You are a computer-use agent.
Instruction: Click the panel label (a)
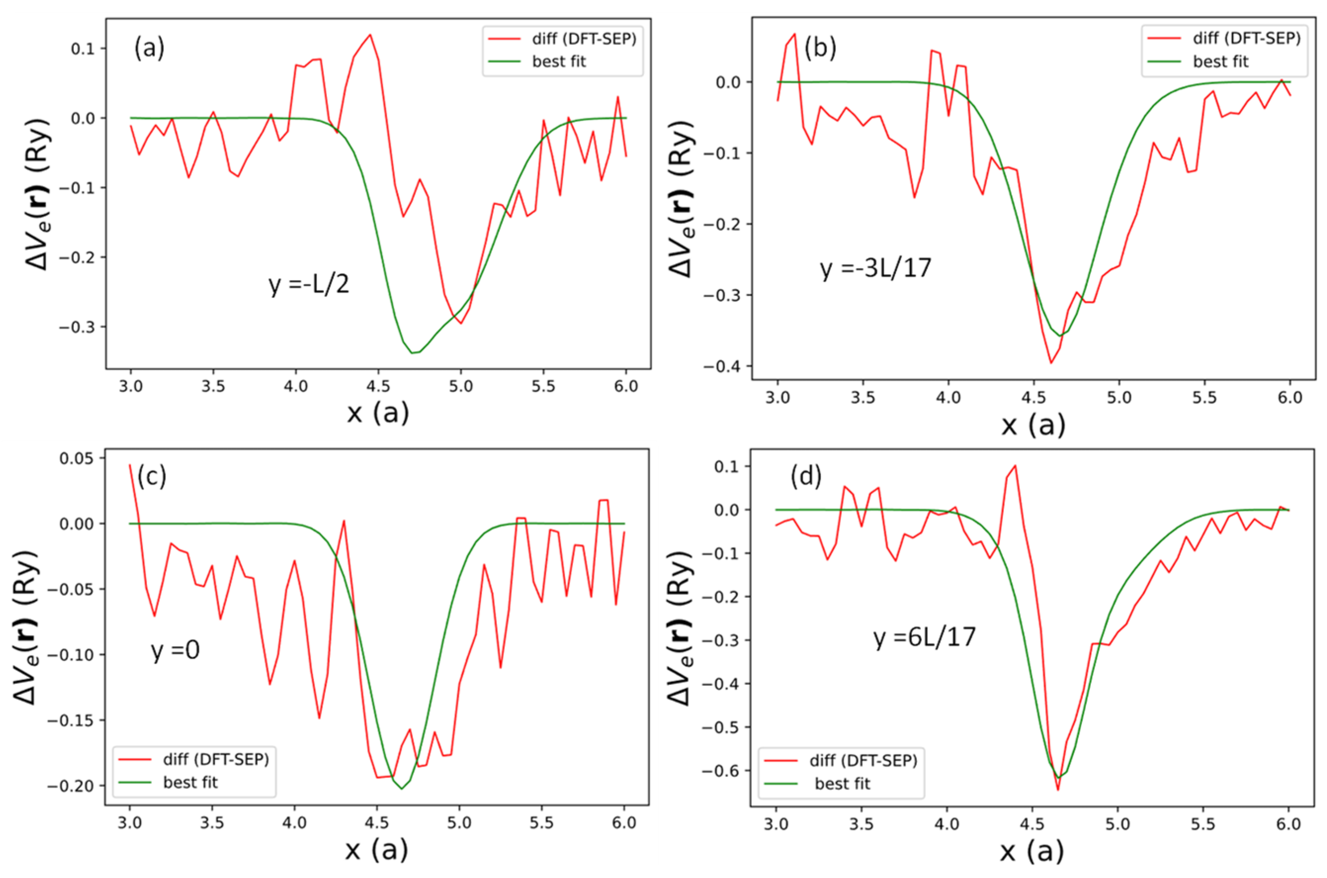149,49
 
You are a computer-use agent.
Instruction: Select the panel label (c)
151,476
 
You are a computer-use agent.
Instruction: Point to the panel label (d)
806,476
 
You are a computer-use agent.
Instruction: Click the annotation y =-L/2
308,285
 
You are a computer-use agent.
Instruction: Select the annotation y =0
175,650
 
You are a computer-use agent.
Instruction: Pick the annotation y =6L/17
924,637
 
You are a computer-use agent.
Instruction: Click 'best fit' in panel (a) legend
558,62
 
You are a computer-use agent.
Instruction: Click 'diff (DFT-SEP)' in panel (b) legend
1246,38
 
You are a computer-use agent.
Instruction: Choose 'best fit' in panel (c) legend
190,782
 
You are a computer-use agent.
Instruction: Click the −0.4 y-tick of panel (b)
724,366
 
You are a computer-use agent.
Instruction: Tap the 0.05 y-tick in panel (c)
78,458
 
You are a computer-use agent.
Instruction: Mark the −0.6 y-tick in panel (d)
723,770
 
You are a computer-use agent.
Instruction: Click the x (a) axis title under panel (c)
376,850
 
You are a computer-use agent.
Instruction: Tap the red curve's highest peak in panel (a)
370,35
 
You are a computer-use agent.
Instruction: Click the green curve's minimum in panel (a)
413,353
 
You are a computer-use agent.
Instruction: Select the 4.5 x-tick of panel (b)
1033,398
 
